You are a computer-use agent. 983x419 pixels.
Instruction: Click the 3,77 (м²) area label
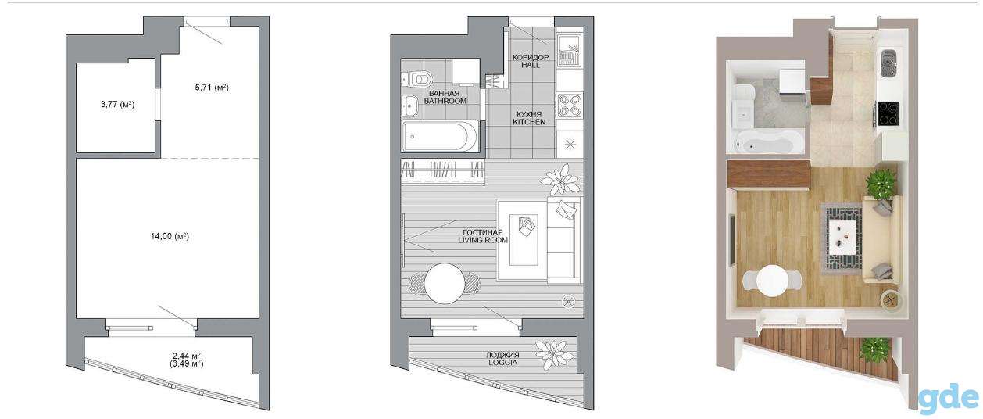coord(117,105)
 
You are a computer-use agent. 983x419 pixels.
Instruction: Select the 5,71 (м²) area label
coord(212,88)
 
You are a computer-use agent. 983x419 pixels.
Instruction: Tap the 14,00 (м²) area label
coord(170,236)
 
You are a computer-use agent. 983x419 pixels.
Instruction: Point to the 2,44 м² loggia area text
coord(187,356)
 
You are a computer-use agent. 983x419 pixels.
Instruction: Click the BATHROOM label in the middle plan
coord(445,101)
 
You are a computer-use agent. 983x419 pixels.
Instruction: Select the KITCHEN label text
coord(529,122)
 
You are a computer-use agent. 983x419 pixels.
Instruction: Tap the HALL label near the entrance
coord(531,65)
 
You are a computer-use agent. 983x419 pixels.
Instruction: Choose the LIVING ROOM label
coord(483,240)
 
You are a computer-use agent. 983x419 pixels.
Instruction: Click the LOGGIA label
coord(503,363)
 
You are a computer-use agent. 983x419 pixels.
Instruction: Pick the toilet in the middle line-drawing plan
coord(417,79)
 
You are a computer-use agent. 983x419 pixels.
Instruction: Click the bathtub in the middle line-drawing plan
coord(440,137)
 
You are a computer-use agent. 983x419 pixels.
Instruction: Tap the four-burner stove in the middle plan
coord(570,106)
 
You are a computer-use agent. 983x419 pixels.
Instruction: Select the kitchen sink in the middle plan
coord(570,50)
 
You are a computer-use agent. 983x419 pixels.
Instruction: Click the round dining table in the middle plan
coord(444,283)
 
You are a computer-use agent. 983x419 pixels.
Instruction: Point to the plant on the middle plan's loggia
coord(555,356)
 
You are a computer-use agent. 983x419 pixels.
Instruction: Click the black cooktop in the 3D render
coord(888,113)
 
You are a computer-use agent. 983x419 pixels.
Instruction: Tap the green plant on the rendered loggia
coord(875,350)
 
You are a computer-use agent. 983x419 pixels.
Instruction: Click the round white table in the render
coord(772,280)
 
